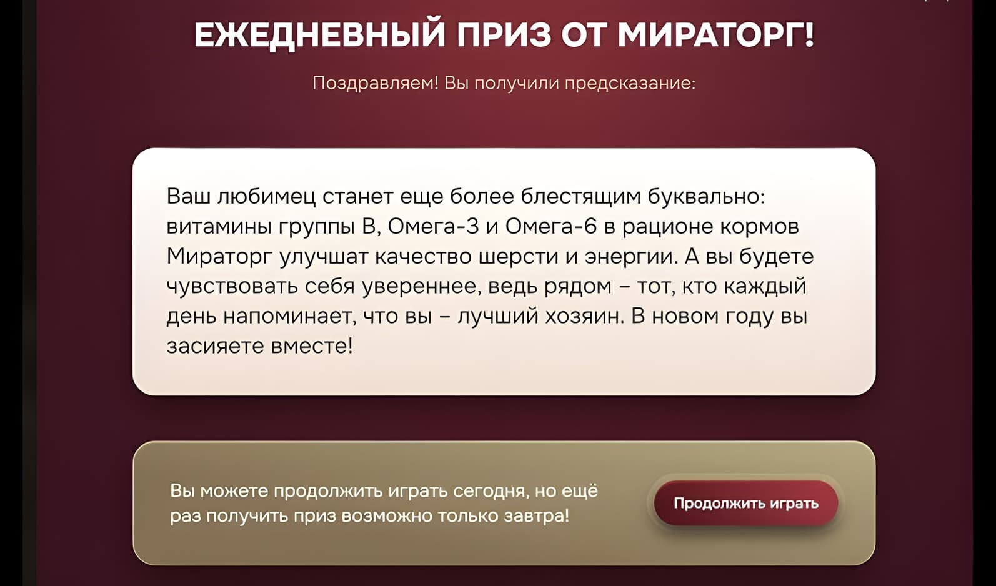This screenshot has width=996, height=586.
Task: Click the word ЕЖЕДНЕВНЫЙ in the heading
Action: [x=319, y=35]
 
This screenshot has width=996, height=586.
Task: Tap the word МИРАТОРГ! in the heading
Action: [x=716, y=34]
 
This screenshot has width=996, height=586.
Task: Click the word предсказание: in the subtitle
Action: [x=630, y=83]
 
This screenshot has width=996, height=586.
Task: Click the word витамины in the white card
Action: [x=219, y=227]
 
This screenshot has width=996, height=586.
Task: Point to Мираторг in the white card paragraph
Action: [x=219, y=257]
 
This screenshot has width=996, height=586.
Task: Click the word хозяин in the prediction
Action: [x=582, y=316]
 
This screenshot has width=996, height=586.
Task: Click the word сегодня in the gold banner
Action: [x=491, y=491]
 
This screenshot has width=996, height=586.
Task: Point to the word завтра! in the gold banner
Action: [x=536, y=516]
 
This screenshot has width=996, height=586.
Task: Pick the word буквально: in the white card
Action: [x=707, y=197]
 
